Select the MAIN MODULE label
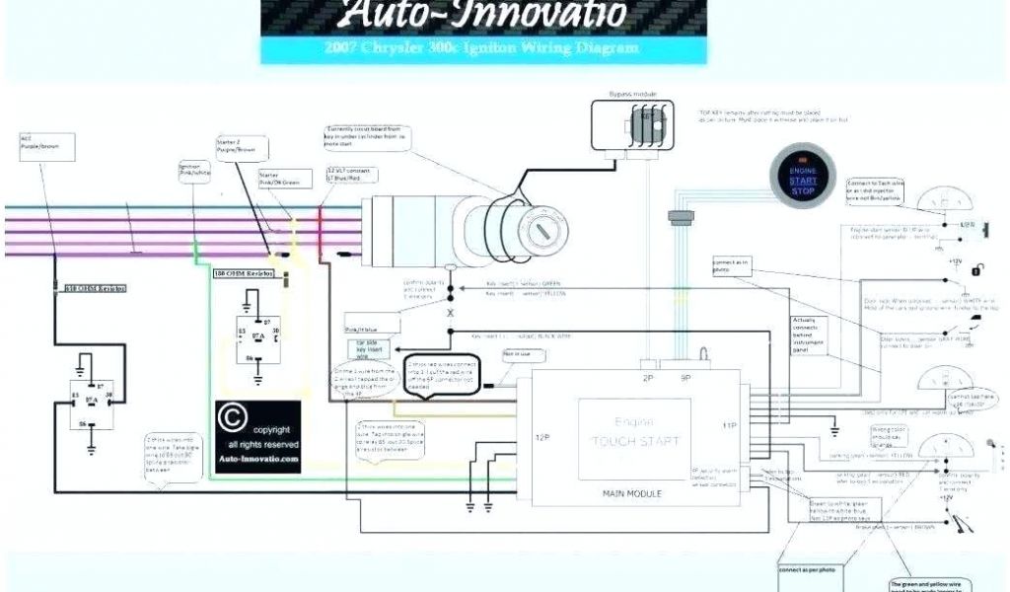[x=631, y=492]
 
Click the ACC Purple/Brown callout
[x=45, y=146]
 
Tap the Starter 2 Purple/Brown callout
[x=238, y=147]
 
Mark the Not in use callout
[x=518, y=353]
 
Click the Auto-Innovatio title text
[x=482, y=15]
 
